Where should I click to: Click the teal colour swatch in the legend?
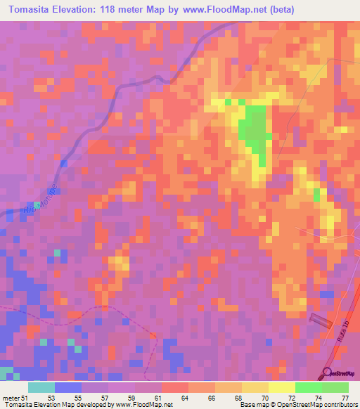[41, 387]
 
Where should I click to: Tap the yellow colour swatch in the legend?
[281, 387]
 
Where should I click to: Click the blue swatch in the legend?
[68, 387]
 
